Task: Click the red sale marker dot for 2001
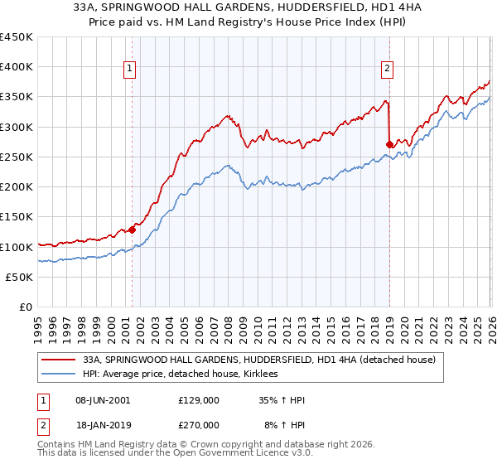click(132, 230)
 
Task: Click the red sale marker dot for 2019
click(389, 144)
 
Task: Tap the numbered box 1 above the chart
click(132, 70)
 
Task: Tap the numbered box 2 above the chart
click(387, 70)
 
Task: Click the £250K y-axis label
click(17, 157)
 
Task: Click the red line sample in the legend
click(60, 360)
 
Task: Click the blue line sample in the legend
click(60, 374)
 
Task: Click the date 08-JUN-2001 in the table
click(103, 400)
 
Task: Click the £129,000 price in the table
click(198, 400)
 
